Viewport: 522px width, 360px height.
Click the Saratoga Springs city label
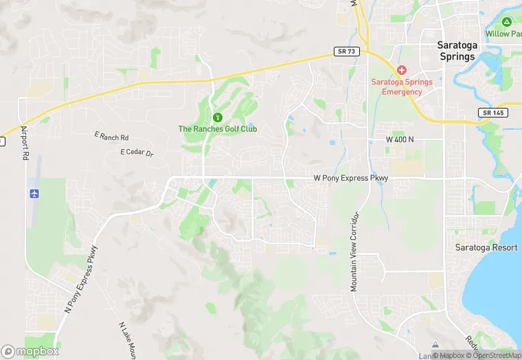pyautogui.click(x=456, y=51)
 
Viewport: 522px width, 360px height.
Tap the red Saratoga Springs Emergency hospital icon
pyautogui.click(x=402, y=70)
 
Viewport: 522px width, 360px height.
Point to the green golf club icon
pyautogui.click(x=218, y=117)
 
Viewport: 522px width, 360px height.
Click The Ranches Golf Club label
pyautogui.click(x=218, y=128)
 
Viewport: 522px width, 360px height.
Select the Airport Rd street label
pyautogui.click(x=25, y=142)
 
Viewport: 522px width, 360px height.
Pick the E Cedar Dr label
pyautogui.click(x=137, y=152)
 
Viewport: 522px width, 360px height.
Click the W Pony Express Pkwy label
pyautogui.click(x=351, y=178)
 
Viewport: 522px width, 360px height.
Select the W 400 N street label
pyautogui.click(x=400, y=139)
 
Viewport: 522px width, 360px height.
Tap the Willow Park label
pyautogui.click(x=504, y=34)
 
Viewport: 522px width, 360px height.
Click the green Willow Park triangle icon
pyautogui.click(x=507, y=23)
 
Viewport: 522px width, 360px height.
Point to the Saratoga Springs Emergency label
pyautogui.click(x=402, y=87)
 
